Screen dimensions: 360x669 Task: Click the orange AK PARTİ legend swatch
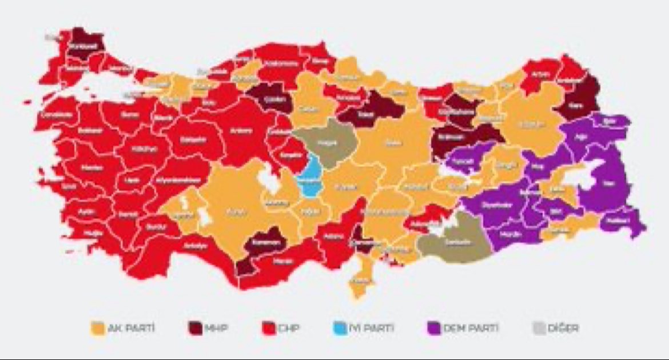(98, 329)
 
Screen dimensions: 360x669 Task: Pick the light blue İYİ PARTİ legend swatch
(340, 329)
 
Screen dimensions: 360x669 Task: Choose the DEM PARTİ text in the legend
(463, 329)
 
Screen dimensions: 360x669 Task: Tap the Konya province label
(232, 213)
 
